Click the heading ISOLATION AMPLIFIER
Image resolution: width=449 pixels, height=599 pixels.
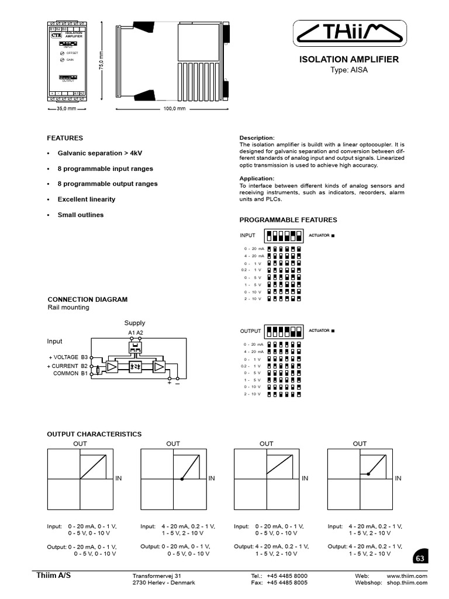pyautogui.click(x=349, y=59)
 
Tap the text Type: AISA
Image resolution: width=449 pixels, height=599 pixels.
pyautogui.click(x=349, y=70)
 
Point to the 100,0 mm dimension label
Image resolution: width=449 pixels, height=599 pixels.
pyautogui.click(x=174, y=109)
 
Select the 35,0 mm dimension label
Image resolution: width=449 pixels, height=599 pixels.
pyautogui.click(x=66, y=109)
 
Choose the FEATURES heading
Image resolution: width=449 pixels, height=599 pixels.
pyautogui.click(x=65, y=138)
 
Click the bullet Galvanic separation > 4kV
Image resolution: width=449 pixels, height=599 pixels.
pyautogui.click(x=99, y=153)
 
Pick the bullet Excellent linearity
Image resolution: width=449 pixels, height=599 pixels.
pyautogui.click(x=86, y=199)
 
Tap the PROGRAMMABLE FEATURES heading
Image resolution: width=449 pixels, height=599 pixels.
pyautogui.click(x=288, y=220)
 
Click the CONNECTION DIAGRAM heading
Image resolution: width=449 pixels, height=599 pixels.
pyautogui.click(x=87, y=299)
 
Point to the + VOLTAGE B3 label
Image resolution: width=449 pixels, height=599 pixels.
pyautogui.click(x=68, y=357)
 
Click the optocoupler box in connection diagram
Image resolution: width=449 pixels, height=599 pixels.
pyautogui.click(x=135, y=366)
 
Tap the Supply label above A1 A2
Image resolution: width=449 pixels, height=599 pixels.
pyautogui.click(x=134, y=323)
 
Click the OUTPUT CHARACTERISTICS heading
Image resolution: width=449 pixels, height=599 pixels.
pyautogui.click(x=94, y=434)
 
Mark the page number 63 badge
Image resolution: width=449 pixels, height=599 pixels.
pyautogui.click(x=419, y=559)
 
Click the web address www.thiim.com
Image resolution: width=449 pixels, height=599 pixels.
pyautogui.click(x=407, y=576)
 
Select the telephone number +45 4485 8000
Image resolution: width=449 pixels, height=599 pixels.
pyautogui.click(x=287, y=576)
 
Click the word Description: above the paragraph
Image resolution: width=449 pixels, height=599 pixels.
pyautogui.click(x=257, y=138)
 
